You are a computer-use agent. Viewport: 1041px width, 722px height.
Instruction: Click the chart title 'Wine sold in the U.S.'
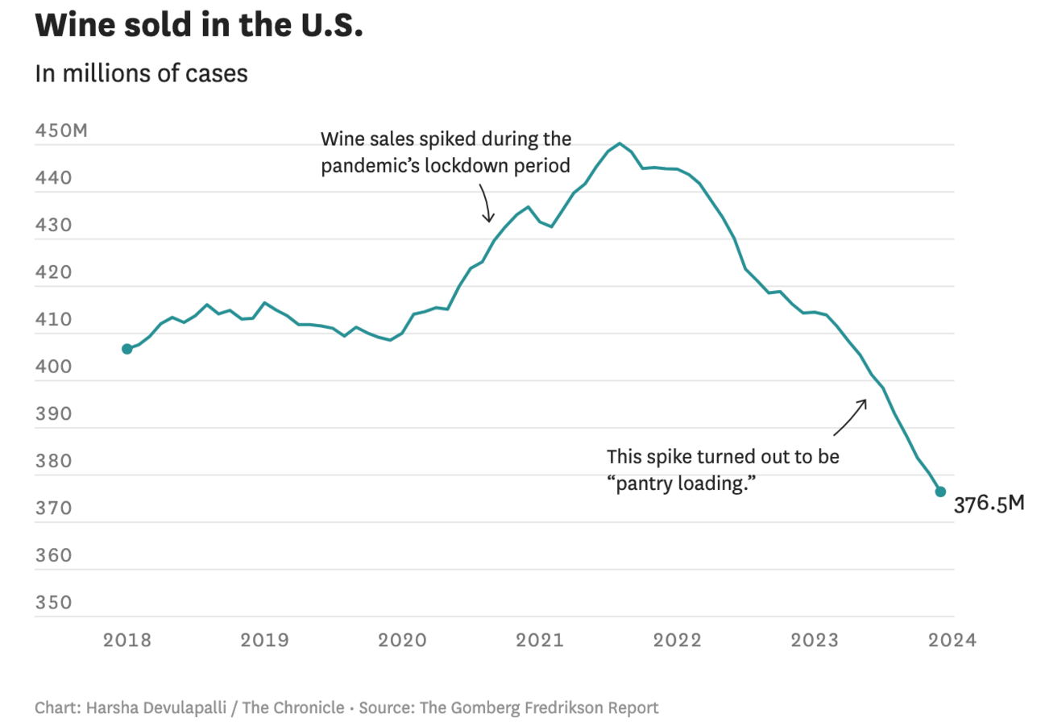click(199, 26)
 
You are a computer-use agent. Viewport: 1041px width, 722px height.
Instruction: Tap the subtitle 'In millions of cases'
click(141, 73)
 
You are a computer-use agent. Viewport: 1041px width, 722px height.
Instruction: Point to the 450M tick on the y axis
click(61, 131)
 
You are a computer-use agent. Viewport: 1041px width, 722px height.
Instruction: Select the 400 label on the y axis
click(54, 367)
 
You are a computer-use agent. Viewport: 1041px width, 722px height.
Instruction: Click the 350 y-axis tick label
click(54, 603)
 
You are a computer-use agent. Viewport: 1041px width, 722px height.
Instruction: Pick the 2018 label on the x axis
click(127, 641)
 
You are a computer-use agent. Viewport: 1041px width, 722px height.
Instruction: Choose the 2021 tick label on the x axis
click(540, 641)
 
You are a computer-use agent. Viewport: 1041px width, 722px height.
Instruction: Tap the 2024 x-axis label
click(952, 641)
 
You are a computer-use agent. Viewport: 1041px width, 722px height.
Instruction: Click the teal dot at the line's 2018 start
click(127, 349)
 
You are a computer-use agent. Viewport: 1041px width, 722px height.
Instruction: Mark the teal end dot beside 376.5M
click(940, 492)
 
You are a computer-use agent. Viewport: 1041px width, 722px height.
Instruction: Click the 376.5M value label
click(989, 505)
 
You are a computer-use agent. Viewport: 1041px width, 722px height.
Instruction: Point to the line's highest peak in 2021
click(619, 143)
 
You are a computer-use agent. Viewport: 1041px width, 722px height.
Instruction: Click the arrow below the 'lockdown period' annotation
click(486, 203)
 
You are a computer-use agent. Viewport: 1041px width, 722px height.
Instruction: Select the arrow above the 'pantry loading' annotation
click(851, 416)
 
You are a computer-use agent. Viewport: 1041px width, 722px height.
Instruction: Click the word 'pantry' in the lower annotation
click(645, 483)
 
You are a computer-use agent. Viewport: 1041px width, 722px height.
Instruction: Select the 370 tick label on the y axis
click(54, 508)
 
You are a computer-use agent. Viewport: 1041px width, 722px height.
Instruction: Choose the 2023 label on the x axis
click(815, 641)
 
